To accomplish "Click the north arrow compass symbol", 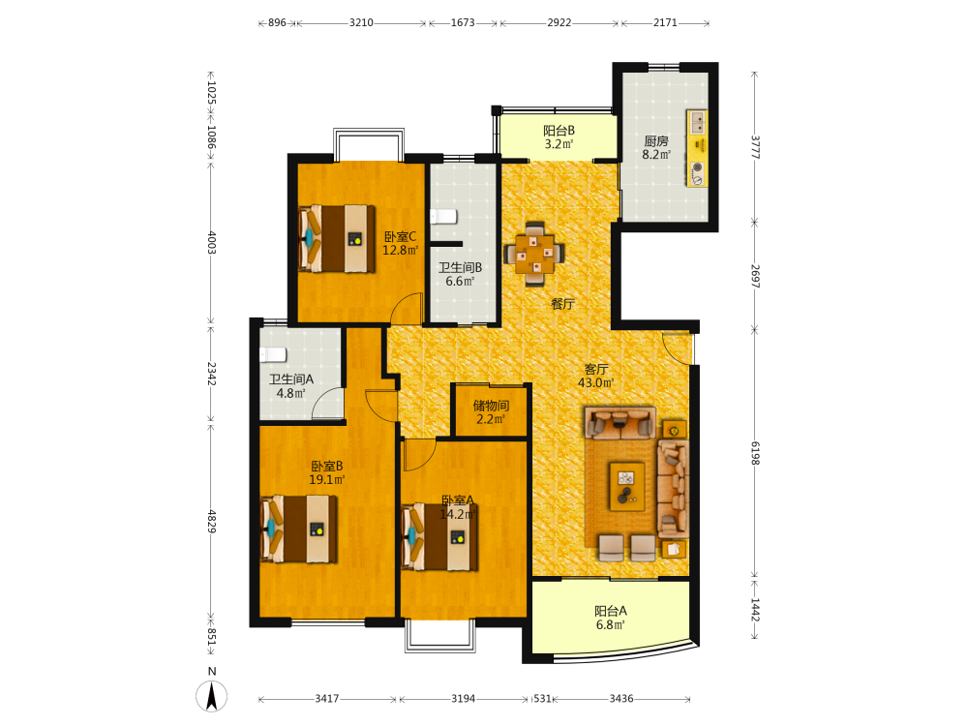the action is pos(211,696).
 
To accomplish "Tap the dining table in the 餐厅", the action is pos(534,253).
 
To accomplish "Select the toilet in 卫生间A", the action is pos(273,354).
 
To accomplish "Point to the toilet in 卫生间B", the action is pos(443,217).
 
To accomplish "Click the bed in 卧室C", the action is pos(337,238).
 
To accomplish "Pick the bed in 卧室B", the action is pos(299,529).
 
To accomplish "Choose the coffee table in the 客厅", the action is pos(626,487).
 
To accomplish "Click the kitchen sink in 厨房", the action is pos(698,122).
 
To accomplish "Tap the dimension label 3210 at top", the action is pos(361,23).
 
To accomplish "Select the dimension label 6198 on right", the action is pos(755,453).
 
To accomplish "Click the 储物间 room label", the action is pos(492,406).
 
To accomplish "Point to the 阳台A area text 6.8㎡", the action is pos(611,624).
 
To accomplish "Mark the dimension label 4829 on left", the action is pos(211,522).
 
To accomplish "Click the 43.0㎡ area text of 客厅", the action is pos(595,382).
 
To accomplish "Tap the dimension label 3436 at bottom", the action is pos(621,699).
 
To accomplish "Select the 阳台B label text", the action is pos(560,131).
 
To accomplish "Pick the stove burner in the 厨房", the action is pos(698,166).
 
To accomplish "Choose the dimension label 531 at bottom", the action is pos(542,699).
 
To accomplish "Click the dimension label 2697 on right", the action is pos(755,276).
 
